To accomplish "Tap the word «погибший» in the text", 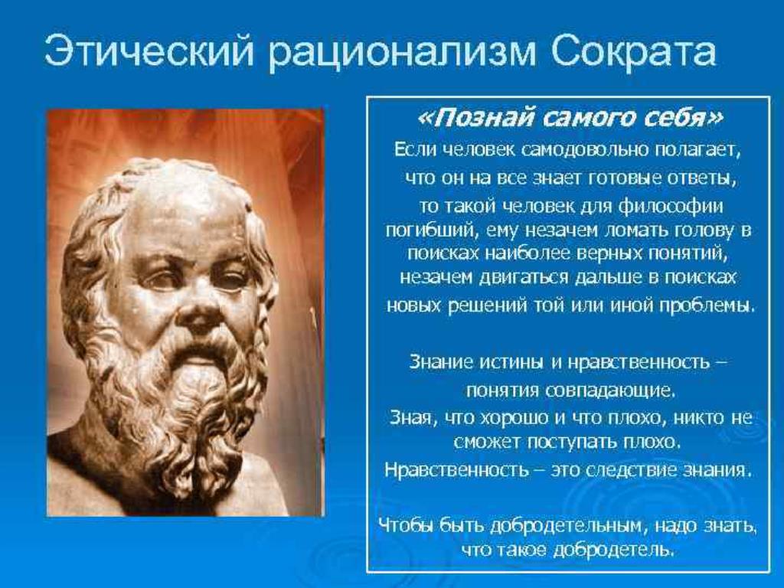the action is coord(429,230).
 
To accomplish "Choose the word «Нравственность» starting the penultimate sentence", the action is coord(456,470).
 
